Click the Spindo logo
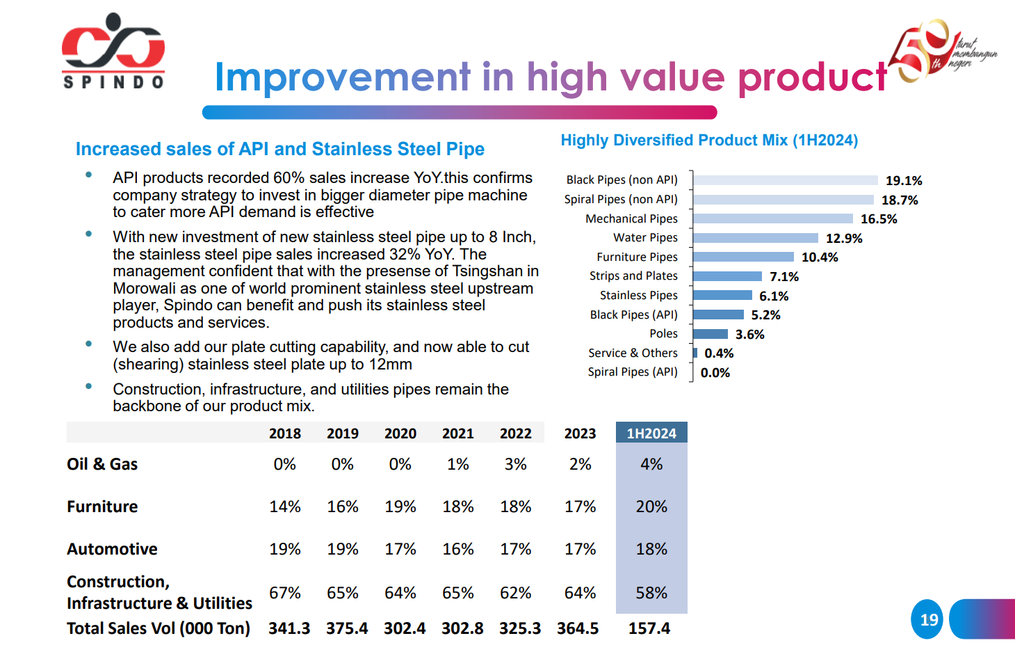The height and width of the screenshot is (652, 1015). [x=113, y=51]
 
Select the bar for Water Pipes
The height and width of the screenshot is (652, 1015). [x=756, y=238]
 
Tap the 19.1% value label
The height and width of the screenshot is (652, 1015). [x=904, y=181]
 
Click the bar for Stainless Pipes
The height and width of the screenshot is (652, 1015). [x=722, y=295]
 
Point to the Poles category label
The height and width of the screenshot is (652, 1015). [x=663, y=334]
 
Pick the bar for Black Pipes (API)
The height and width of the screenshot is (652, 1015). [x=718, y=315]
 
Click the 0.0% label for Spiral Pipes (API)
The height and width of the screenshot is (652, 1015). [x=715, y=373]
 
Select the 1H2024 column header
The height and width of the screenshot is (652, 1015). [x=651, y=433]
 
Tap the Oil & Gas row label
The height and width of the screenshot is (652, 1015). [x=102, y=464]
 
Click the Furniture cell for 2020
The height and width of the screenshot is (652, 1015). [x=400, y=507]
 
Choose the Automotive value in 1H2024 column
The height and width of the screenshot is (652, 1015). [x=651, y=549]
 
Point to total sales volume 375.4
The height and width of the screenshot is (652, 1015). [x=347, y=628]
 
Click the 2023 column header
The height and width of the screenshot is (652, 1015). [x=580, y=434]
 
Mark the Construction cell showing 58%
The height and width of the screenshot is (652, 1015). [x=651, y=593]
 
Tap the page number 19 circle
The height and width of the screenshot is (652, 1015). [x=927, y=619]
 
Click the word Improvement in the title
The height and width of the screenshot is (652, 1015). [x=343, y=77]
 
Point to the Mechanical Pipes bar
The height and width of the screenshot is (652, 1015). [x=772, y=218]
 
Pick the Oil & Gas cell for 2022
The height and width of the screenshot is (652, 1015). [x=516, y=464]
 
